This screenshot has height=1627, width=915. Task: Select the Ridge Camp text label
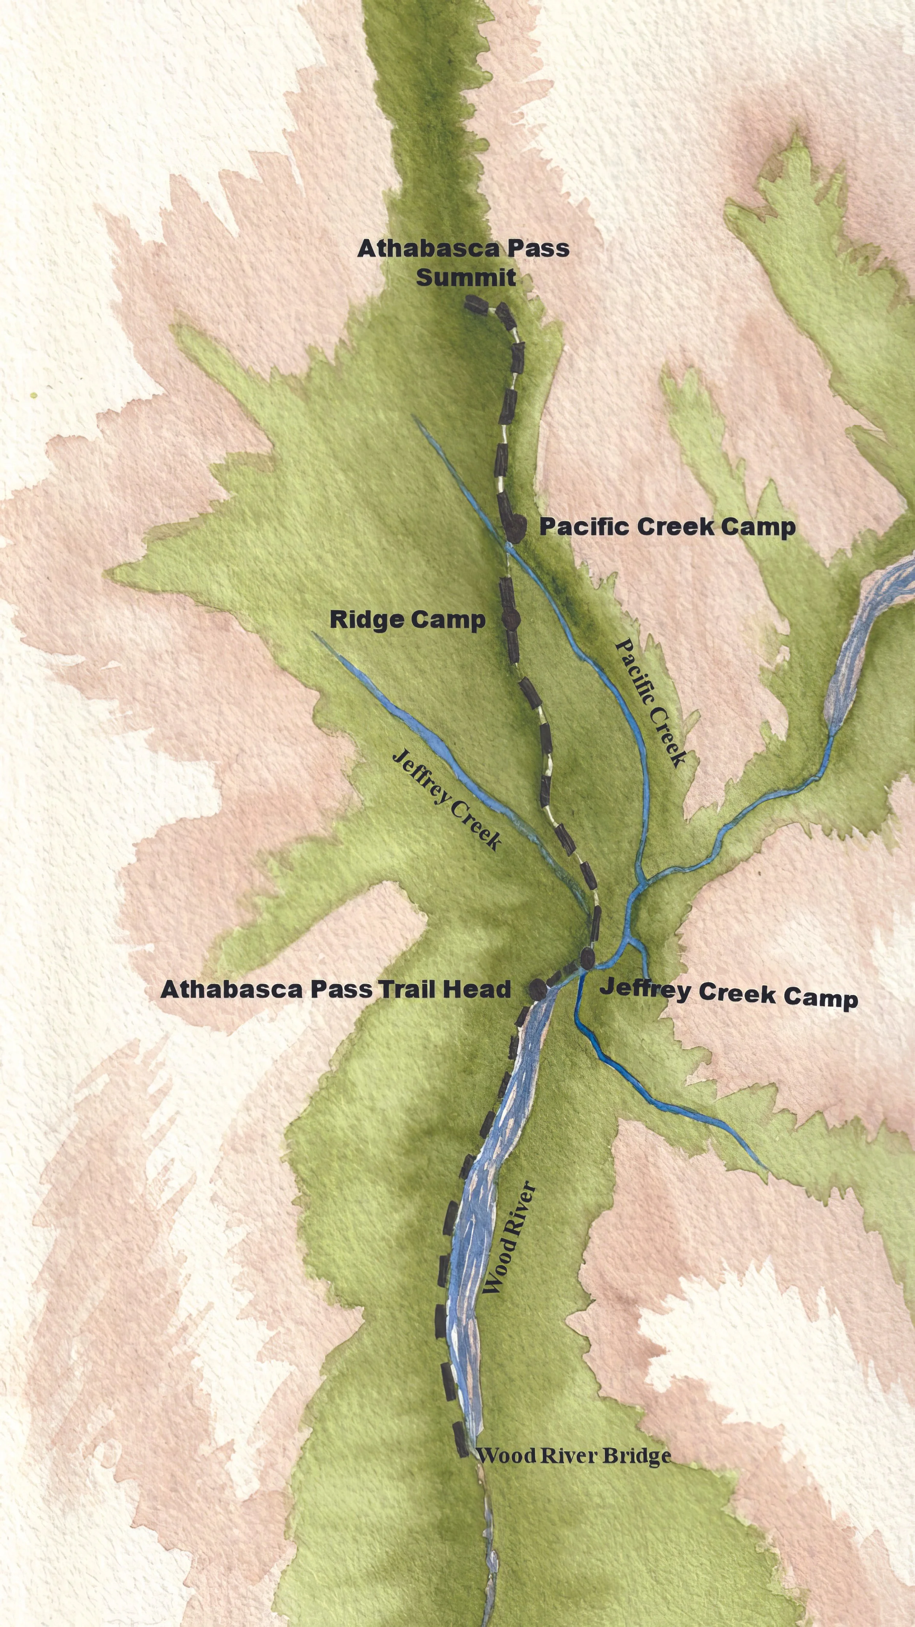(x=407, y=620)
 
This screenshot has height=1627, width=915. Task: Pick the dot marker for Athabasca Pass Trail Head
(x=537, y=988)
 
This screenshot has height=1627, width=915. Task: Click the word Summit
(x=466, y=278)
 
